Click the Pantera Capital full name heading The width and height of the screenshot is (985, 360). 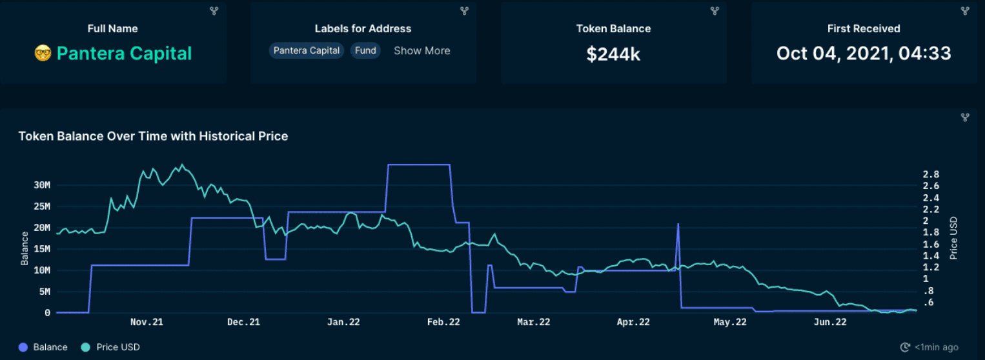pos(124,53)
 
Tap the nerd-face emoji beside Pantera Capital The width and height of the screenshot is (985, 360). pos(43,53)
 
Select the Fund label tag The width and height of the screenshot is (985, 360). pos(365,50)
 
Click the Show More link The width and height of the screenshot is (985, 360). pos(421,50)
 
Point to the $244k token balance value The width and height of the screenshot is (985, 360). pos(613,54)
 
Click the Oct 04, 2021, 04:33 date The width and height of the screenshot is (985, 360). pos(864,53)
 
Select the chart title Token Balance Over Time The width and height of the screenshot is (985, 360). pos(153,136)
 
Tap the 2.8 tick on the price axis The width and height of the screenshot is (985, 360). pos(931,175)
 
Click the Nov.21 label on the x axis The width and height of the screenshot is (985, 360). pos(147,322)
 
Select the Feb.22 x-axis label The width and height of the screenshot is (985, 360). pos(443,322)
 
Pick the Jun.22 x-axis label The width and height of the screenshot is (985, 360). pos(830,322)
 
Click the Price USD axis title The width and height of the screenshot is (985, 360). pos(953,238)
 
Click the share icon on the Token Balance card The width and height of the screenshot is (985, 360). pos(715,11)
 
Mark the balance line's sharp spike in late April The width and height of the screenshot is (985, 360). pos(678,225)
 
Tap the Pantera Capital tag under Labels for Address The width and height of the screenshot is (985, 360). pos(307,50)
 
